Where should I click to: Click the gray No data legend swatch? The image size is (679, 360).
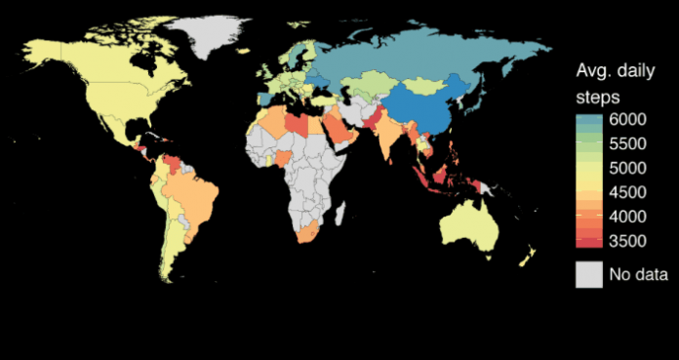(x=587, y=274)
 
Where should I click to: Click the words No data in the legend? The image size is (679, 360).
(x=638, y=275)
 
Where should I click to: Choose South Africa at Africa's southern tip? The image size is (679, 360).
(x=310, y=235)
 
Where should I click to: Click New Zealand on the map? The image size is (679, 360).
(x=528, y=257)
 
